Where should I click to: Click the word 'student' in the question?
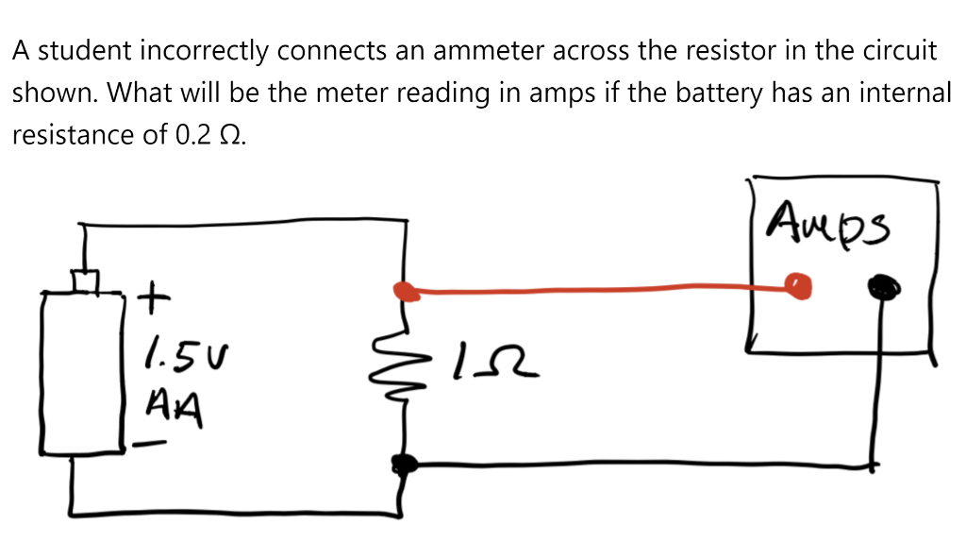tap(80, 51)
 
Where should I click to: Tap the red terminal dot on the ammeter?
tap(800, 285)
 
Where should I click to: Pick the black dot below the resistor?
tap(405, 463)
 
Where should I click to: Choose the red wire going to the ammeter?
tap(594, 290)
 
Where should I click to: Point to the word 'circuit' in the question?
tap(905, 51)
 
